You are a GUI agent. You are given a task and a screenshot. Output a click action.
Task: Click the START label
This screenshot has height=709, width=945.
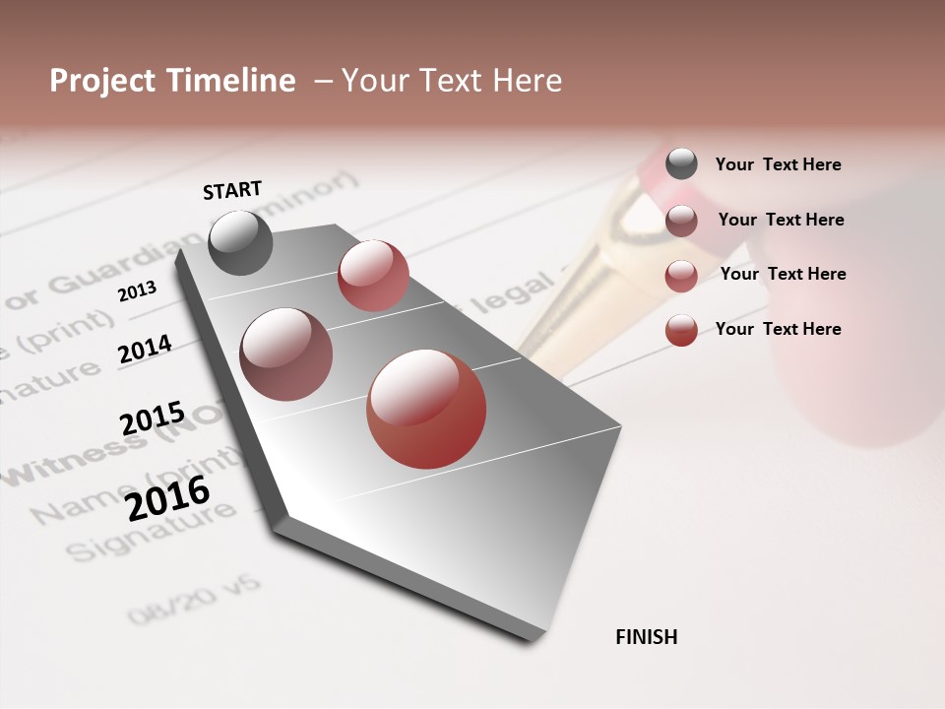[x=232, y=189]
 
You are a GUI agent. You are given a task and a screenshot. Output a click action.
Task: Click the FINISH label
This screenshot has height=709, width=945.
[x=646, y=637]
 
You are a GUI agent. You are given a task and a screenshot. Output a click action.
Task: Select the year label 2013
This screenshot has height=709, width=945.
[x=137, y=291]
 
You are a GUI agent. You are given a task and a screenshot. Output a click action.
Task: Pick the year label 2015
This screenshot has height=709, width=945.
[x=152, y=419]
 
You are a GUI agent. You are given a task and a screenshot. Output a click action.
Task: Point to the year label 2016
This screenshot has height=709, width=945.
[x=167, y=498]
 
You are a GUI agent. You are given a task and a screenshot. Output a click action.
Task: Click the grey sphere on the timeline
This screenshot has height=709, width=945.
[x=241, y=242]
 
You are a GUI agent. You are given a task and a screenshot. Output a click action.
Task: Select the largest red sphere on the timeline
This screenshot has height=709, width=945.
[x=426, y=409]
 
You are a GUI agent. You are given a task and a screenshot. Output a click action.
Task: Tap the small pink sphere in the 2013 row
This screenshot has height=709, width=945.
[x=373, y=276]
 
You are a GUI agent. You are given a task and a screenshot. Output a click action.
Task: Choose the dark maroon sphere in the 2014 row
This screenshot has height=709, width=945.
[x=285, y=354]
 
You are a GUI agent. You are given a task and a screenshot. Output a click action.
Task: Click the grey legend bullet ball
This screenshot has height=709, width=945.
[x=681, y=163]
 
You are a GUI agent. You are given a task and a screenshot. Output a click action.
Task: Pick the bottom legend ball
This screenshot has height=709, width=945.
[x=681, y=330]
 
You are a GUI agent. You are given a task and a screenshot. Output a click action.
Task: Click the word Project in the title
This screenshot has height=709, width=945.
[x=101, y=81]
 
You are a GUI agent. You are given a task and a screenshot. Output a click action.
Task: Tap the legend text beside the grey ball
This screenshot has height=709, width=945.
[x=778, y=164]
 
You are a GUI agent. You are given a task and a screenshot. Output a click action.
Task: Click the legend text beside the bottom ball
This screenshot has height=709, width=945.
[x=778, y=329]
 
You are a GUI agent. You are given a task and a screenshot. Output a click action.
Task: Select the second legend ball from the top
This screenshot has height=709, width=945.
[x=681, y=221]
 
